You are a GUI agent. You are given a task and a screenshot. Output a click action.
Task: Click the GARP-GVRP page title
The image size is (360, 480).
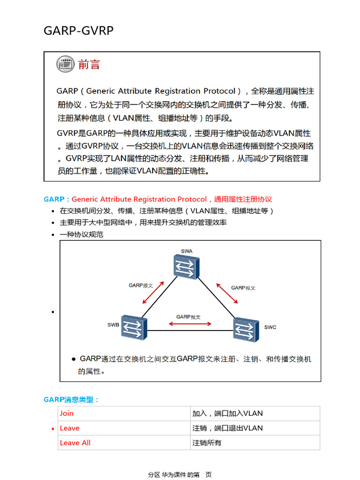click(78, 30)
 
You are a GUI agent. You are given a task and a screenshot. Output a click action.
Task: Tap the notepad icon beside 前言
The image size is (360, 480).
click(66, 64)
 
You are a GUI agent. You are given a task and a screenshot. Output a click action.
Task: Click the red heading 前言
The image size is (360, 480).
click(89, 64)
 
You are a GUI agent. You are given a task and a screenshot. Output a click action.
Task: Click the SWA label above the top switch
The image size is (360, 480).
click(187, 251)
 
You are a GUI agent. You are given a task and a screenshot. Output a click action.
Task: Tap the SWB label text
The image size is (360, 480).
click(113, 324)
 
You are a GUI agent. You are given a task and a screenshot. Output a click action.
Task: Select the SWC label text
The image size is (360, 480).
click(270, 327)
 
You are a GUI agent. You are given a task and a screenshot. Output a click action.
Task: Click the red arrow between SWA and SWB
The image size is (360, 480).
click(154, 292)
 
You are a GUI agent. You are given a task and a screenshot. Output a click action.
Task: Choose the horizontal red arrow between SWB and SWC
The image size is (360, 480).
click(188, 323)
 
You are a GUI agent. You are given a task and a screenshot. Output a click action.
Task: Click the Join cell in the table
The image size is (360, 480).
click(67, 413)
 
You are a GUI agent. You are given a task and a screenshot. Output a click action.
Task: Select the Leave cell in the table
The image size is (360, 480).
click(70, 428)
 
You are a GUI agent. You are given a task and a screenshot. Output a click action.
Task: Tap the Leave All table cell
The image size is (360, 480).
click(75, 442)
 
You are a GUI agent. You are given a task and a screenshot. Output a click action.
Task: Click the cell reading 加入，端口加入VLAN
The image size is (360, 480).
click(227, 413)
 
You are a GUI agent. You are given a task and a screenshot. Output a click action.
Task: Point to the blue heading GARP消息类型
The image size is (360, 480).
click(71, 399)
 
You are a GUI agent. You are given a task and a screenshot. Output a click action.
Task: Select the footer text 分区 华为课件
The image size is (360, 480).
click(167, 474)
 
